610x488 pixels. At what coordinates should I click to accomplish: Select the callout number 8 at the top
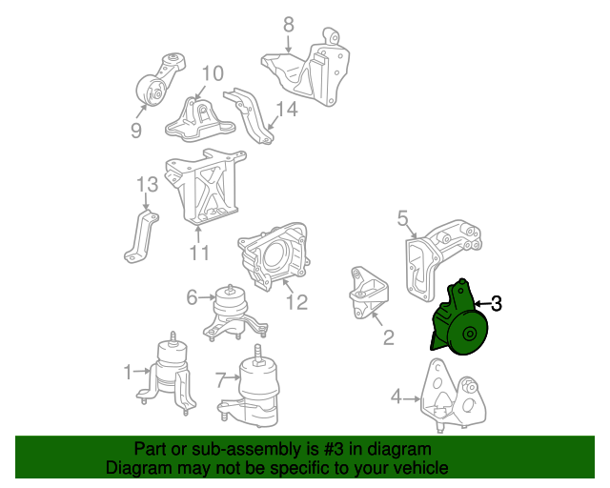coord(289,26)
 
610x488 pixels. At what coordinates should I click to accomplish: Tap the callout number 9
coord(136,131)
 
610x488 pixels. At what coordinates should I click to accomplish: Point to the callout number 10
coord(212,73)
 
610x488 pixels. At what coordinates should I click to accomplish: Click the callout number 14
coord(286,110)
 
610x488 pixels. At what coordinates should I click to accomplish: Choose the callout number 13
coord(145,184)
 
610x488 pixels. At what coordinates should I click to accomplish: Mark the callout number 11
coord(198,254)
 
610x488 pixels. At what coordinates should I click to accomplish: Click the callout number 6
coord(192,298)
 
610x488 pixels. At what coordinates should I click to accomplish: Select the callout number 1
coord(129,372)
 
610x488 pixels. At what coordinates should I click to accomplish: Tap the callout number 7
coord(220,380)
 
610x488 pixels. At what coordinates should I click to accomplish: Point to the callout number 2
coord(388,336)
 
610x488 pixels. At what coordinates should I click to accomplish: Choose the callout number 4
coord(396,396)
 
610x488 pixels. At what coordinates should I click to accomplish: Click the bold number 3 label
coord(496,304)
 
